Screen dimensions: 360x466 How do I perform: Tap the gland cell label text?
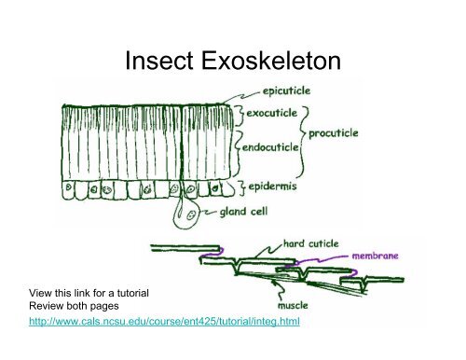tap(249, 214)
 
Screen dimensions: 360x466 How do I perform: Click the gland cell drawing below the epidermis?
tap(185, 216)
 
